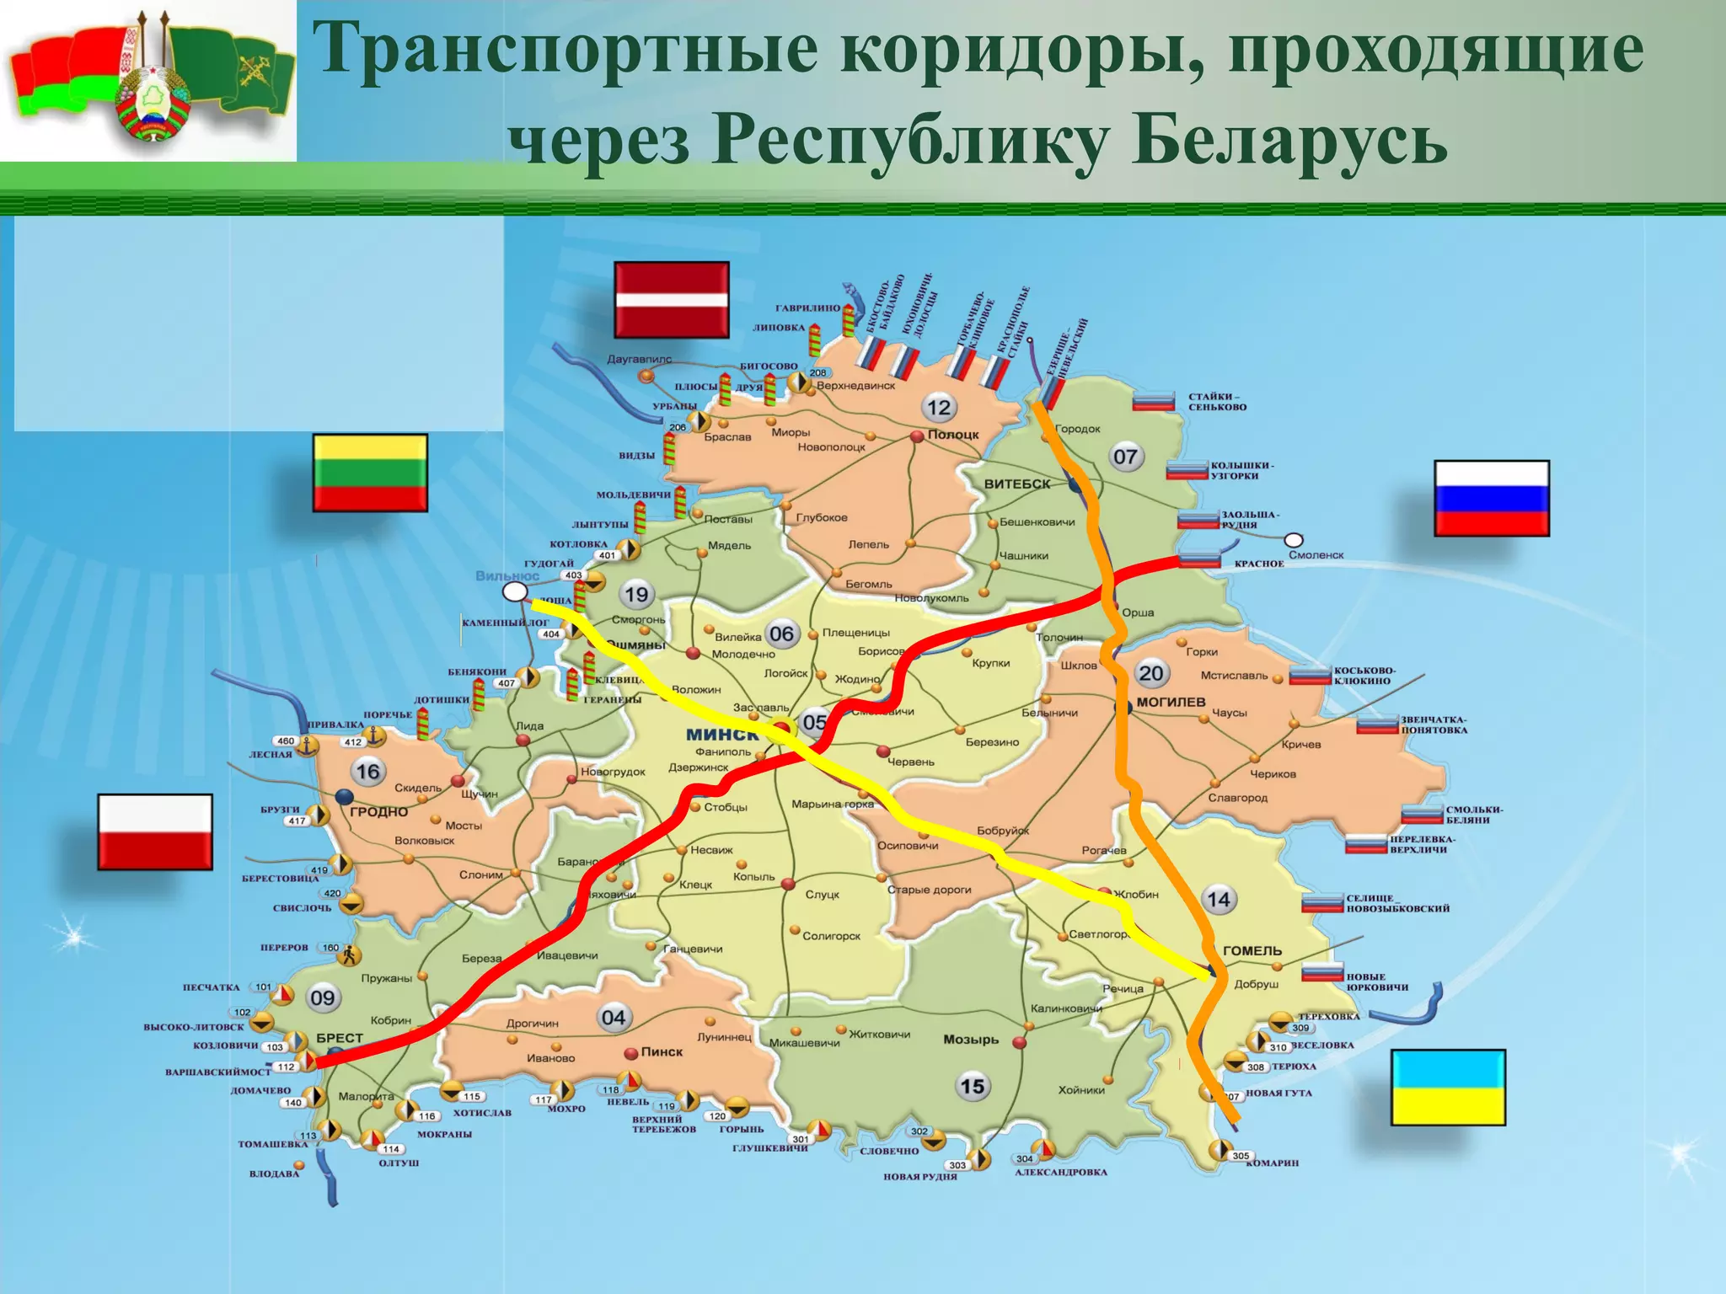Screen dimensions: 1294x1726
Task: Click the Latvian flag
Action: click(x=671, y=300)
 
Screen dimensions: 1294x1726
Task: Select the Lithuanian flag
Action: click(x=370, y=473)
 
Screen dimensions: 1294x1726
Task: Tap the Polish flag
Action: click(x=155, y=831)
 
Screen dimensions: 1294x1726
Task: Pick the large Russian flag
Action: click(x=1491, y=498)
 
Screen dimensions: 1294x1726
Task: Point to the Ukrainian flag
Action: click(x=1447, y=1087)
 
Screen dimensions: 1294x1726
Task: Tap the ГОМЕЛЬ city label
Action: click(x=1252, y=950)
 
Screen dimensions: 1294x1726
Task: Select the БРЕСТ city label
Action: click(x=340, y=1038)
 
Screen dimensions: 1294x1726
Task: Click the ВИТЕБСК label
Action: click(x=1017, y=484)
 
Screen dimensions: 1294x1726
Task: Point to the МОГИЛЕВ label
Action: click(x=1171, y=702)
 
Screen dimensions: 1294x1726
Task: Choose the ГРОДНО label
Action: click(x=378, y=812)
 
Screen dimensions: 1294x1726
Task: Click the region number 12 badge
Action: click(x=938, y=409)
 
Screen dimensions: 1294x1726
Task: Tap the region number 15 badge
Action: click(x=972, y=1086)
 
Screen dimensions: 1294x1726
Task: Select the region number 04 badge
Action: click(x=613, y=1018)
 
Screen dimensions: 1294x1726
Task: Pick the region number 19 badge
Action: click(x=636, y=595)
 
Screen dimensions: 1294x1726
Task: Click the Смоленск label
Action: click(x=1316, y=555)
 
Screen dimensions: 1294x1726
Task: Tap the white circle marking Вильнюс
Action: click(x=514, y=592)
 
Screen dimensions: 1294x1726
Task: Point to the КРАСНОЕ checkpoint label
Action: click(x=1258, y=564)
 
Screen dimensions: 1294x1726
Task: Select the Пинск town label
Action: click(x=662, y=1051)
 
